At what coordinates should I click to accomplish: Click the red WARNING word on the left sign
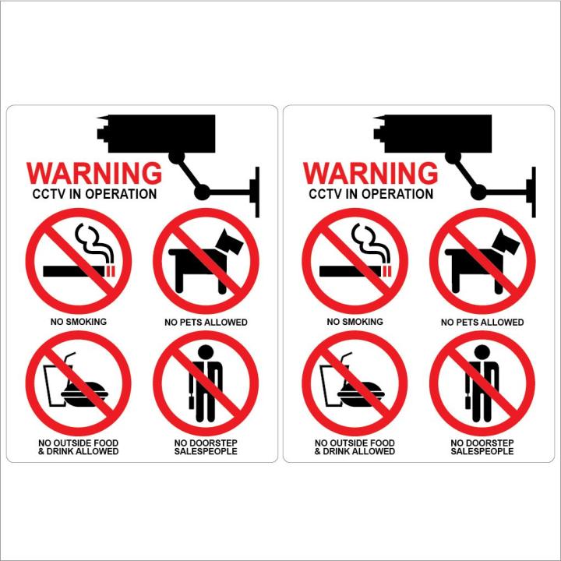pos(94,172)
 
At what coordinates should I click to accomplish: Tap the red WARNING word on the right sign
pos(370,172)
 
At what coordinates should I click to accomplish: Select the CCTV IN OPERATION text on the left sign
pos(94,194)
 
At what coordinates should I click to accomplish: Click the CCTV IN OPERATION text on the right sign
pos(371,194)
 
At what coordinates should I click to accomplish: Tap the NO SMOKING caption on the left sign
pos(79,321)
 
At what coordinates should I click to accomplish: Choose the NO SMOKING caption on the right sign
pos(355,321)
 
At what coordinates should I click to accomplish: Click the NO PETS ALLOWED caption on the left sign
pos(206,322)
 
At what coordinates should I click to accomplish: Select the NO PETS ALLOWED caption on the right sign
pos(482,322)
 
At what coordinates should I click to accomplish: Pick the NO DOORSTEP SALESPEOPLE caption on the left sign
pos(206,447)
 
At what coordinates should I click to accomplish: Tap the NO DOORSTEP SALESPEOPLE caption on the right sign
pos(482,447)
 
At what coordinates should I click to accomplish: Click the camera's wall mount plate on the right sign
pos(531,191)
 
